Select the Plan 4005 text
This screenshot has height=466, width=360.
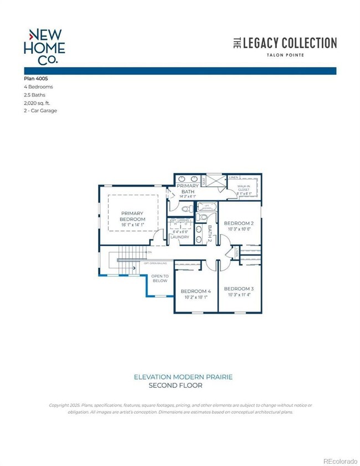38,79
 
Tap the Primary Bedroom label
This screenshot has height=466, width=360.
133,216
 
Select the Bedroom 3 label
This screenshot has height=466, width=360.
239,289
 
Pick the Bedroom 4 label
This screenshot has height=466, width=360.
196,291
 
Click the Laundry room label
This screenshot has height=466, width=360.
180,237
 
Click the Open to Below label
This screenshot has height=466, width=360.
160,278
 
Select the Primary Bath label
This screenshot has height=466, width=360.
188,190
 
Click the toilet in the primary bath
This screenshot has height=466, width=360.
186,208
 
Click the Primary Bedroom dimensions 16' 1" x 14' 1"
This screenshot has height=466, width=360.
132,225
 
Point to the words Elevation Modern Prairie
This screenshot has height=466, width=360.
183,377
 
